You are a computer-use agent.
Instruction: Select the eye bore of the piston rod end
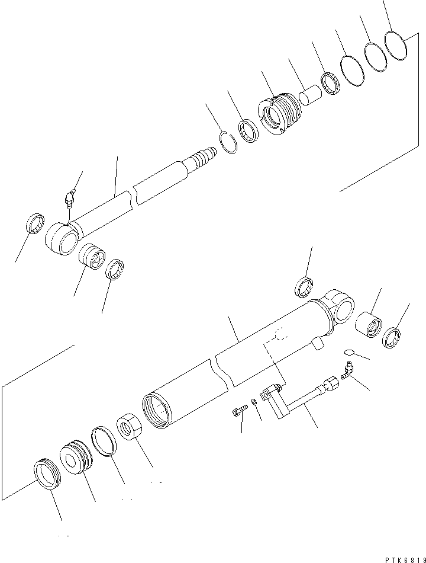63,239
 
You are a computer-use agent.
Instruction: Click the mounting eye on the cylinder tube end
340,309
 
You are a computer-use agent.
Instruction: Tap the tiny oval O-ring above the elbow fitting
349,354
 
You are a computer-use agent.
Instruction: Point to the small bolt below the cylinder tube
237,410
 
